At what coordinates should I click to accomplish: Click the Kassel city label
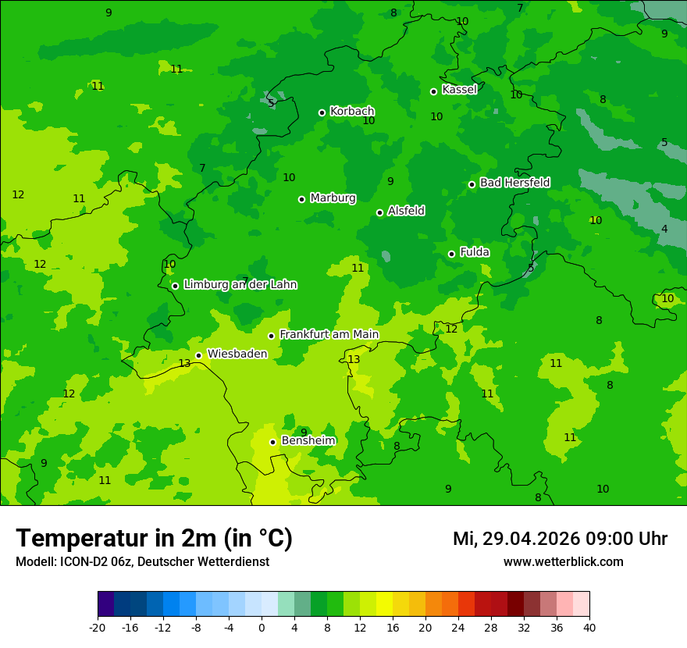pyautogui.click(x=459, y=90)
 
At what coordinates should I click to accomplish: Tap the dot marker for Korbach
pyautogui.click(x=322, y=112)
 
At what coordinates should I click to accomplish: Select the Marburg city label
pyautogui.click(x=333, y=198)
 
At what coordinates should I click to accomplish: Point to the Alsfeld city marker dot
pyautogui.click(x=379, y=212)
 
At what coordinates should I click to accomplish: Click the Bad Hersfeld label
pyautogui.click(x=514, y=183)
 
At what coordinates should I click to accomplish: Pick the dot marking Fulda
pyautogui.click(x=451, y=254)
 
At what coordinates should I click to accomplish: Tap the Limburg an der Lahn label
pyautogui.click(x=240, y=285)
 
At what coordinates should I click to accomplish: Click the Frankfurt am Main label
pyautogui.click(x=329, y=334)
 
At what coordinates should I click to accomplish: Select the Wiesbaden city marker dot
pyautogui.click(x=198, y=355)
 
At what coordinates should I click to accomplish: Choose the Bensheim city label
pyautogui.click(x=308, y=440)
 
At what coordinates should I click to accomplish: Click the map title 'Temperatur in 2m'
pyautogui.click(x=154, y=539)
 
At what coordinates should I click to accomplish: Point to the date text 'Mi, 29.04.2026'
pyautogui.click(x=515, y=539)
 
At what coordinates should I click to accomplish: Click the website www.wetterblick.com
pyautogui.click(x=563, y=562)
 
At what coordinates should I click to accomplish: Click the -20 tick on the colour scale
pyautogui.click(x=98, y=628)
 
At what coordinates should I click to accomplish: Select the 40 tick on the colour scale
pyautogui.click(x=589, y=628)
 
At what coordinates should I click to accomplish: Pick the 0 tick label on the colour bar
pyautogui.click(x=262, y=628)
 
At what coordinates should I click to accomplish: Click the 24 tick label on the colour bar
pyautogui.click(x=458, y=628)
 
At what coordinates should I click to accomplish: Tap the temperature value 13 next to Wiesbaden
pyautogui.click(x=184, y=364)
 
